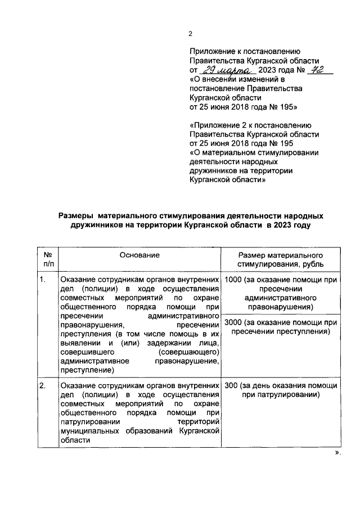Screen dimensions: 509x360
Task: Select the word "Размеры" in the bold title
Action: coord(76,215)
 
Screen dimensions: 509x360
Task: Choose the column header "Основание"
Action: coord(139,255)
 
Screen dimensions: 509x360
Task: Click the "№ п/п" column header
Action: coord(48,259)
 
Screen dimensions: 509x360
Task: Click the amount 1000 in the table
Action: coord(234,279)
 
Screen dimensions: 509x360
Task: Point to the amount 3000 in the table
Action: coord(234,322)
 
